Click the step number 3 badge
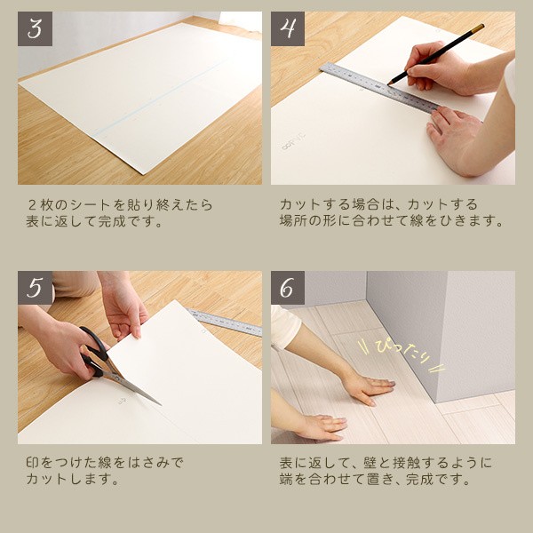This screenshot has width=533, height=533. (x=35, y=28)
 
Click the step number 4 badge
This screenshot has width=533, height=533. (x=288, y=28)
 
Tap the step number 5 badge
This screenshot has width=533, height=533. (x=35, y=288)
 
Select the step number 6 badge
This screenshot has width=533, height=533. (x=288, y=288)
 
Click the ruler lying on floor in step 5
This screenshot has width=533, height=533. (x=227, y=322)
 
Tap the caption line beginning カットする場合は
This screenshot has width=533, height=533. (x=378, y=204)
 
